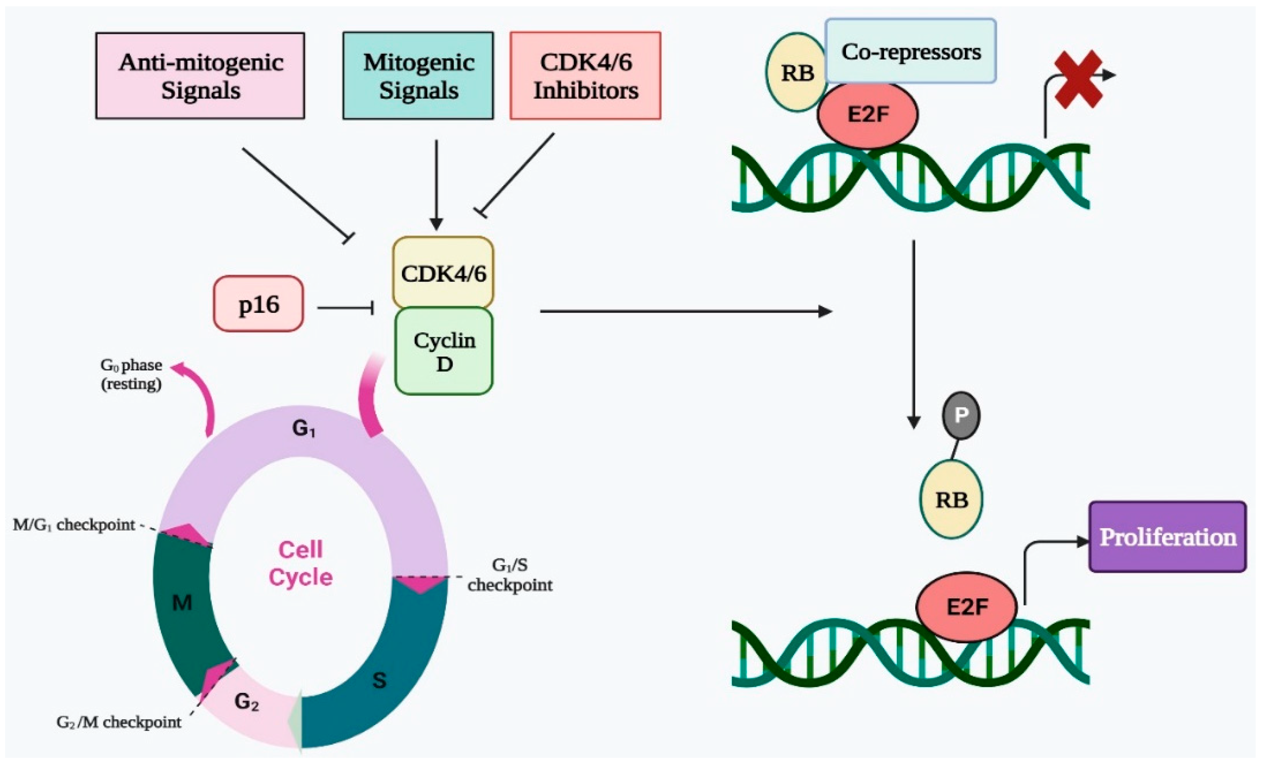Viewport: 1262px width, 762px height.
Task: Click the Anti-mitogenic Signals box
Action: pos(200,76)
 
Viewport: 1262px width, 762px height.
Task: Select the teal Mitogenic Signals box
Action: pos(418,76)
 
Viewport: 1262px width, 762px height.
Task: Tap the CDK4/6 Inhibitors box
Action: pos(586,76)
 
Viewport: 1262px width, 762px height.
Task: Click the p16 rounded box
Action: pos(259,304)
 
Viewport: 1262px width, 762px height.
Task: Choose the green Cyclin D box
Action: pos(444,351)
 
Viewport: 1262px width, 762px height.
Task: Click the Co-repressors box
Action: pos(910,51)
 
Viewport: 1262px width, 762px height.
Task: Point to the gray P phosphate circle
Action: pos(961,415)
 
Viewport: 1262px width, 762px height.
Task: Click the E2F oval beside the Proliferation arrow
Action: pos(966,607)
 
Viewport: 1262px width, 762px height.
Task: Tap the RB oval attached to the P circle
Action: pos(952,499)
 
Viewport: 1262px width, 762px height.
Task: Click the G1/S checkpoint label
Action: pos(510,575)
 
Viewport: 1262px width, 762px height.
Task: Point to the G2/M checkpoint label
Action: pos(119,723)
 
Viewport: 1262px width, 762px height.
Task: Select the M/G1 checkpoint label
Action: pos(74,525)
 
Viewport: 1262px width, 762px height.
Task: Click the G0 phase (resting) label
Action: pos(131,374)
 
